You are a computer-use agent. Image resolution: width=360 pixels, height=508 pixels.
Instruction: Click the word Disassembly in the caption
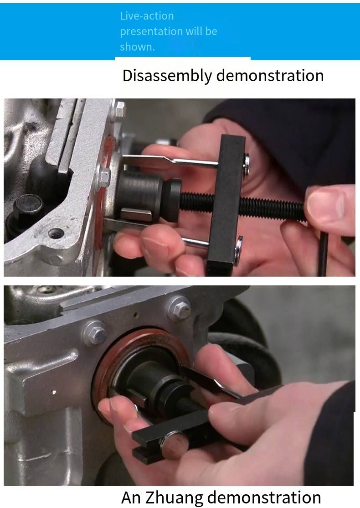[167, 76]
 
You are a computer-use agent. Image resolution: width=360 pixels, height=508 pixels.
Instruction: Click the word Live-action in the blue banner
[147, 16]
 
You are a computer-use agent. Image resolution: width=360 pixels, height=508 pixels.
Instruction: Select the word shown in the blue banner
[137, 47]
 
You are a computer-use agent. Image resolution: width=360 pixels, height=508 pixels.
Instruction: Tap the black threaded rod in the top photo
[243, 205]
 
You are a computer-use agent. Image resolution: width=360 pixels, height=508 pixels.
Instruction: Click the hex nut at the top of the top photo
[119, 109]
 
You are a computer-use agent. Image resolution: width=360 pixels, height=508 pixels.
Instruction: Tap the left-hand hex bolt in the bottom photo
[95, 333]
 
